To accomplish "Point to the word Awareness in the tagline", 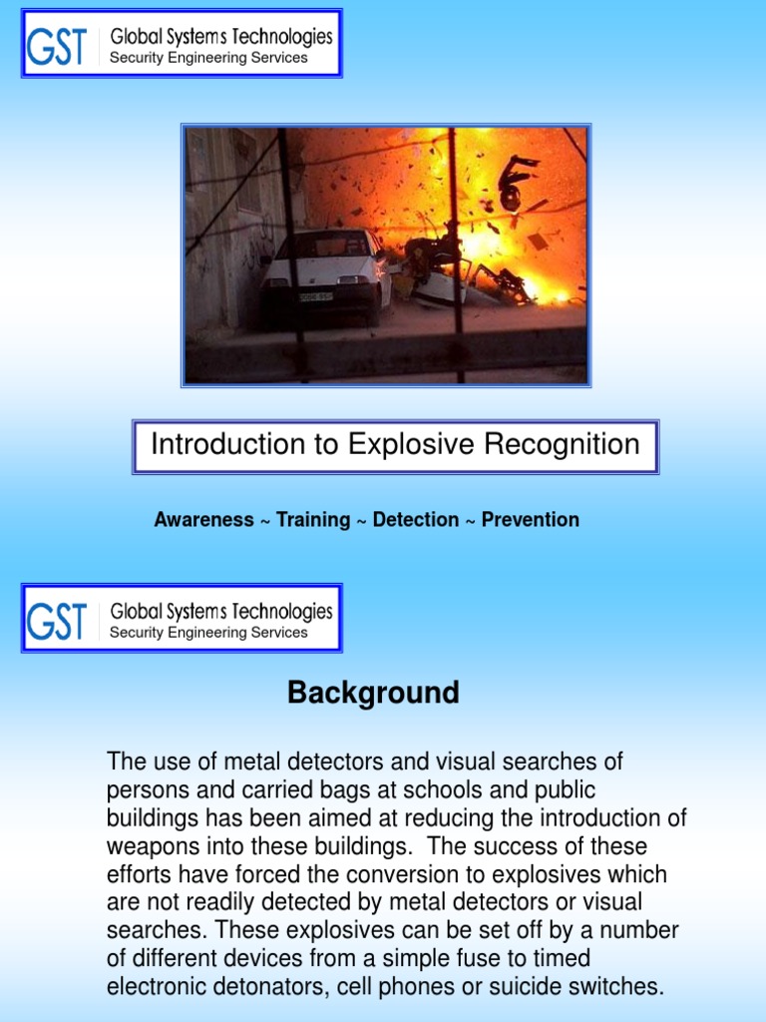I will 203,520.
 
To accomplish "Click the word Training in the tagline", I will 313,520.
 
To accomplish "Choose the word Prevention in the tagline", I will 530,520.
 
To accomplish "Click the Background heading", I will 373,693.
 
